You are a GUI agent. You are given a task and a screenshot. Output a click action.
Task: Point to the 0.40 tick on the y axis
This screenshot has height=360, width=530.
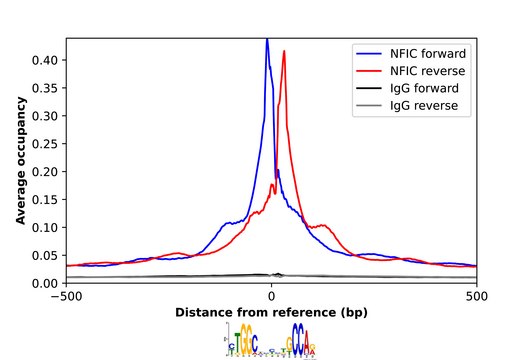click(x=45, y=60)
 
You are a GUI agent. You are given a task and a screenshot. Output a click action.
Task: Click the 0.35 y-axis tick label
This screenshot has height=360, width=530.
click(x=45, y=88)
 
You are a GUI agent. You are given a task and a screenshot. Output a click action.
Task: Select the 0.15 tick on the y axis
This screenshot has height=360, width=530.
click(x=45, y=200)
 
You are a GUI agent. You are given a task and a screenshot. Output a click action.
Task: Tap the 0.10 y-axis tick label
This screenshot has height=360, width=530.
click(x=45, y=228)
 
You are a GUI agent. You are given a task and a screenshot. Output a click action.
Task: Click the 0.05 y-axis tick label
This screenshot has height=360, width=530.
click(x=45, y=256)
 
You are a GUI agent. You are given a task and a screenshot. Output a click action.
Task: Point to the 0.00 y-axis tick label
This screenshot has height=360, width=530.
click(x=45, y=284)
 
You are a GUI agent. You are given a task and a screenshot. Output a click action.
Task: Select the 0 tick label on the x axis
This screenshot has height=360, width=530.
click(x=271, y=297)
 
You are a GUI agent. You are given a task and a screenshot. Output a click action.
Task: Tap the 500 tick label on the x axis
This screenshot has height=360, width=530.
click(x=477, y=297)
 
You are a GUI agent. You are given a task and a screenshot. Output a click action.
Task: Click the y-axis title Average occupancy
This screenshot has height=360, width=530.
click(x=20, y=161)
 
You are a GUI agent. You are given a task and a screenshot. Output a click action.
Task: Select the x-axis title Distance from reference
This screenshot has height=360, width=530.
click(x=271, y=312)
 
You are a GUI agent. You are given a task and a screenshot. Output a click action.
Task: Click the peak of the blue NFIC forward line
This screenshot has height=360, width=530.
click(x=267, y=40)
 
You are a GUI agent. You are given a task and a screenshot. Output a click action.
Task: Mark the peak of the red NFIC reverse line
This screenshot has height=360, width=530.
click(x=284, y=51)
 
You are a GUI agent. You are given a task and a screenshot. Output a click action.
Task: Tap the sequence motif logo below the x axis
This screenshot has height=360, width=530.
click(x=271, y=341)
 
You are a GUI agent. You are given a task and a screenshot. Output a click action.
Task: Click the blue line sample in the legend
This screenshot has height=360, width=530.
click(x=371, y=52)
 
